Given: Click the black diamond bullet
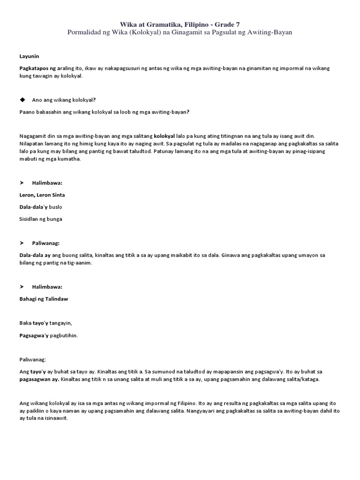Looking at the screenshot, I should coord(22,99).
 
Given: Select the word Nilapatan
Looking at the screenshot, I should coord(31,143).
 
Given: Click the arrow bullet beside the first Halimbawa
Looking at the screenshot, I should coord(22,183).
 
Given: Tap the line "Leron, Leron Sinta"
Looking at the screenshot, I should coord(42,195).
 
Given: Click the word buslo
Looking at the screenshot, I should coord(55,206).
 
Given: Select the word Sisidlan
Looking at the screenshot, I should coord(30,218).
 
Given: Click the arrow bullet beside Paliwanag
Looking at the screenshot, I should coord(22,243).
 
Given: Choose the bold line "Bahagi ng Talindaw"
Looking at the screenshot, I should coord(44,299).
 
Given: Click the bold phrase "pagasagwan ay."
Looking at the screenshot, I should coord(39,379).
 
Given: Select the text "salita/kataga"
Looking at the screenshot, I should coord(303,379).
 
